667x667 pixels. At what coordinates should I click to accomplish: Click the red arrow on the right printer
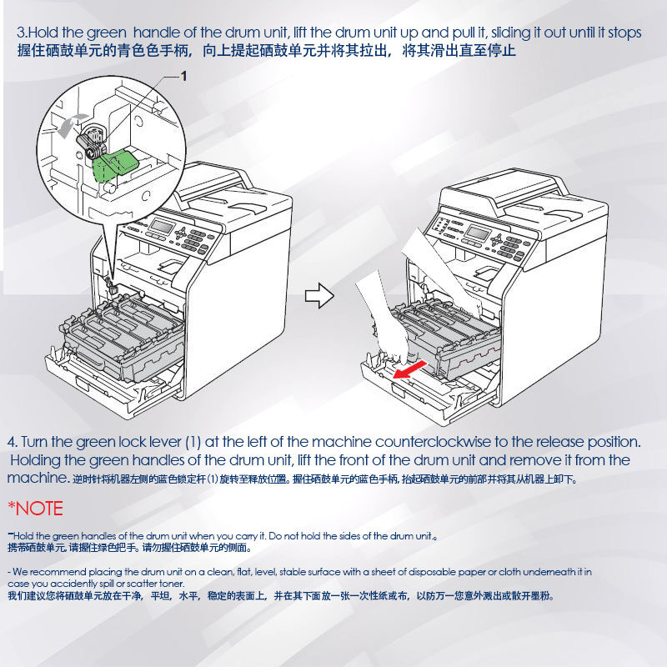pyautogui.click(x=409, y=369)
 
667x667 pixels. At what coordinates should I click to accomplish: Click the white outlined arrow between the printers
pyautogui.click(x=319, y=296)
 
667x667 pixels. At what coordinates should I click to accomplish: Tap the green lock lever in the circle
pyautogui.click(x=116, y=164)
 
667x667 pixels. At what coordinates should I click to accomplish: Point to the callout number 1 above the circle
pyautogui.click(x=183, y=76)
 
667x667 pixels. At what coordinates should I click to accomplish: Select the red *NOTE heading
pyautogui.click(x=35, y=509)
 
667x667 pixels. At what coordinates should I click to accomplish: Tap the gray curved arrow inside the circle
pyautogui.click(x=70, y=124)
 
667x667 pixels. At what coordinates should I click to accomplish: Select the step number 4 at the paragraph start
pyautogui.click(x=11, y=442)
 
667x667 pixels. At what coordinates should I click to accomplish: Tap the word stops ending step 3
pyautogui.click(x=624, y=33)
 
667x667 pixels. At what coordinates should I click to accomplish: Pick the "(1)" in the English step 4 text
pyautogui.click(x=193, y=442)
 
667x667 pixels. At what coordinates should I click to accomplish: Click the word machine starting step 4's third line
pyautogui.click(x=37, y=478)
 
